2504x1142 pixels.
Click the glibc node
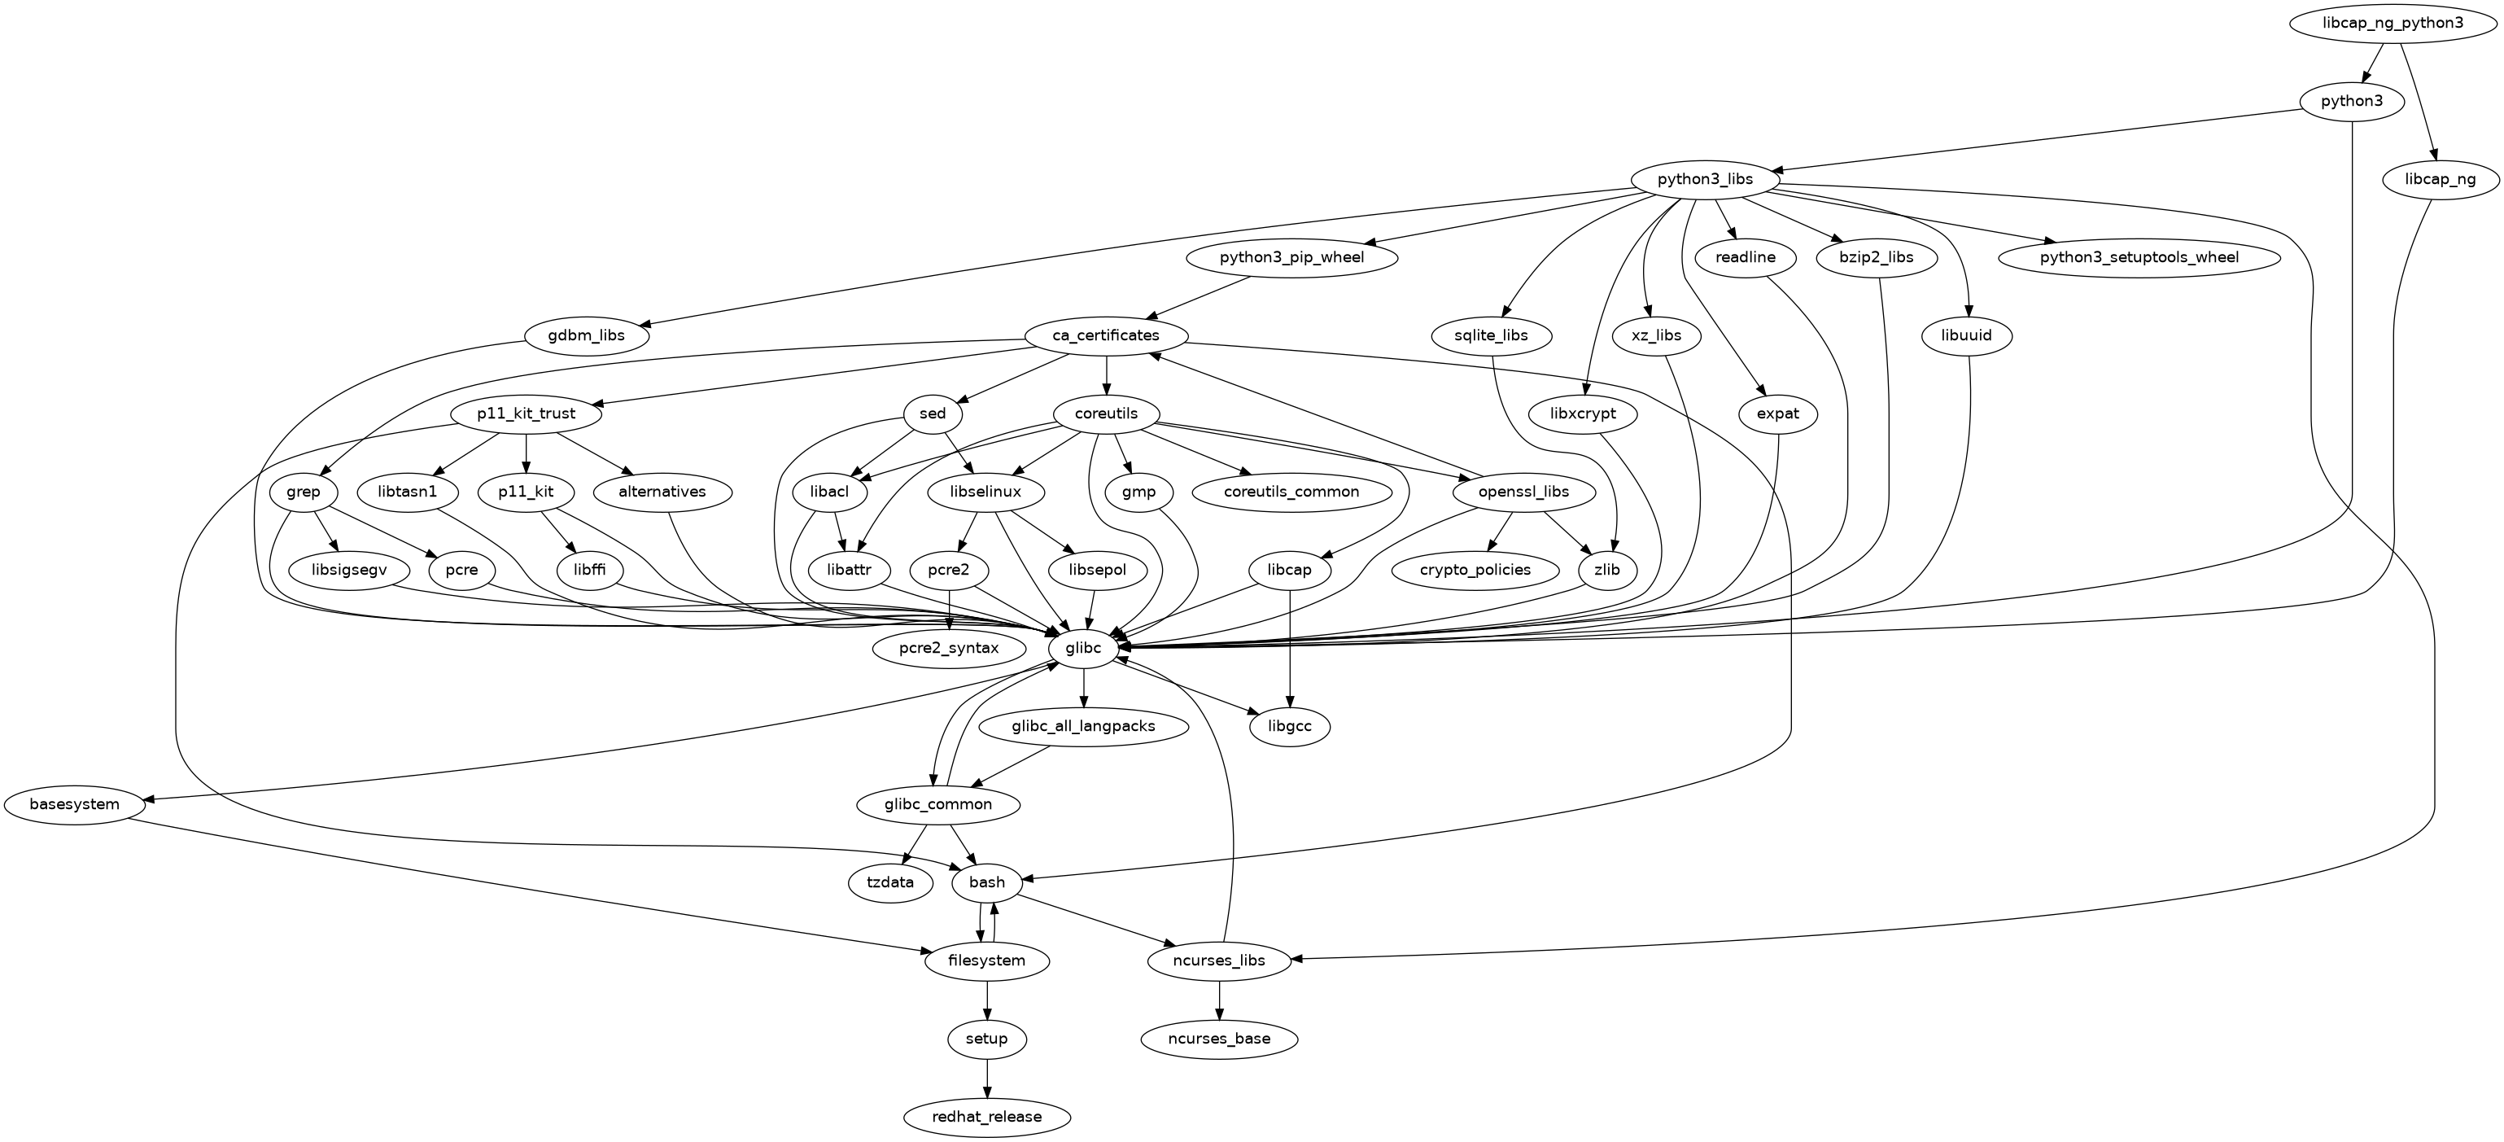1084,647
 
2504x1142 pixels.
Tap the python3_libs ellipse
1705,180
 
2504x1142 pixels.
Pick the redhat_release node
986,1117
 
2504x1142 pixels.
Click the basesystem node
75,805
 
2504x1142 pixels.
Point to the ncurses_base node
1219,1039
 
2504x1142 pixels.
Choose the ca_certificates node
1106,335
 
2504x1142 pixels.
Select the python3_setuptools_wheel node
2139,257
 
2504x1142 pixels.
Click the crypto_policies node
1475,570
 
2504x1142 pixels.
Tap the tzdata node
890,882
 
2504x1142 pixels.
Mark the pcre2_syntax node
949,647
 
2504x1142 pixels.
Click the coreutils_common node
1291,492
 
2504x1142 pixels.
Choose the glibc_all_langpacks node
1084,726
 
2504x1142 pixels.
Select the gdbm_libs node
587,336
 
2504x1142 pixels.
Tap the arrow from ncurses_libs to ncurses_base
1219,999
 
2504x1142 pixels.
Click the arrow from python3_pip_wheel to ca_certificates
1199,297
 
